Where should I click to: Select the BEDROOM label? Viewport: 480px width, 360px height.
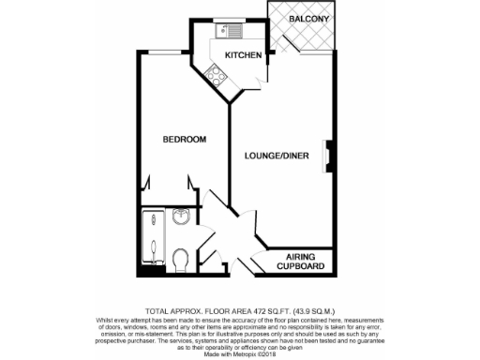point(184,140)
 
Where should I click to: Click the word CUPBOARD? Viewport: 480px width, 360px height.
point(301,266)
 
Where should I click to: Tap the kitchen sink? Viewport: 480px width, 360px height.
point(227,30)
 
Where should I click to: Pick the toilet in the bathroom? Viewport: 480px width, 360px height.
point(182,256)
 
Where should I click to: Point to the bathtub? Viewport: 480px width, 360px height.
point(150,241)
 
